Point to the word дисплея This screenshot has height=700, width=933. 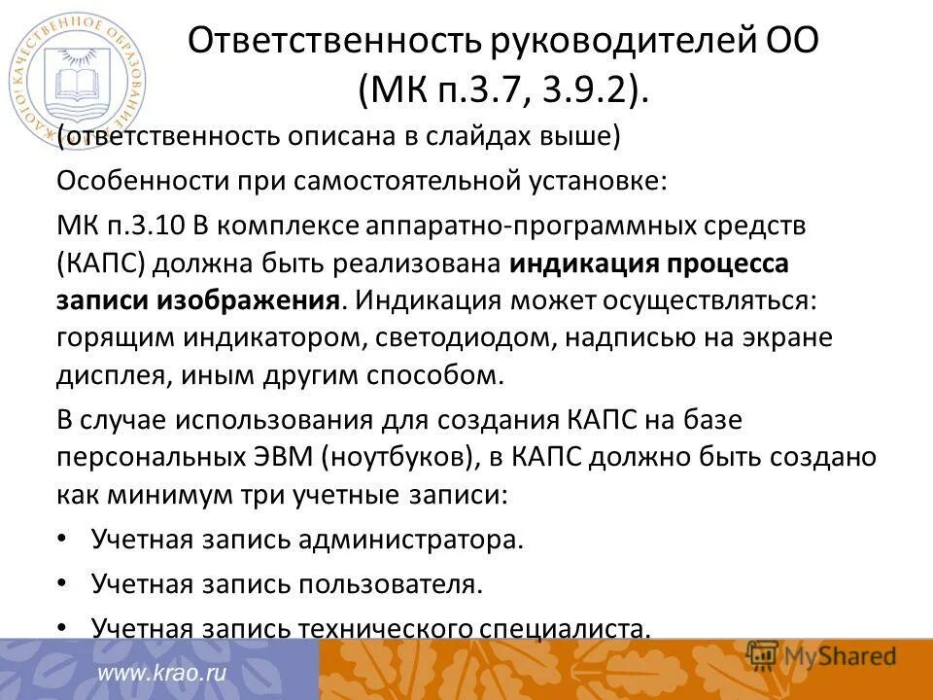pyautogui.click(x=107, y=375)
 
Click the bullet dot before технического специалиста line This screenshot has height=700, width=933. pyautogui.click(x=63, y=626)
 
